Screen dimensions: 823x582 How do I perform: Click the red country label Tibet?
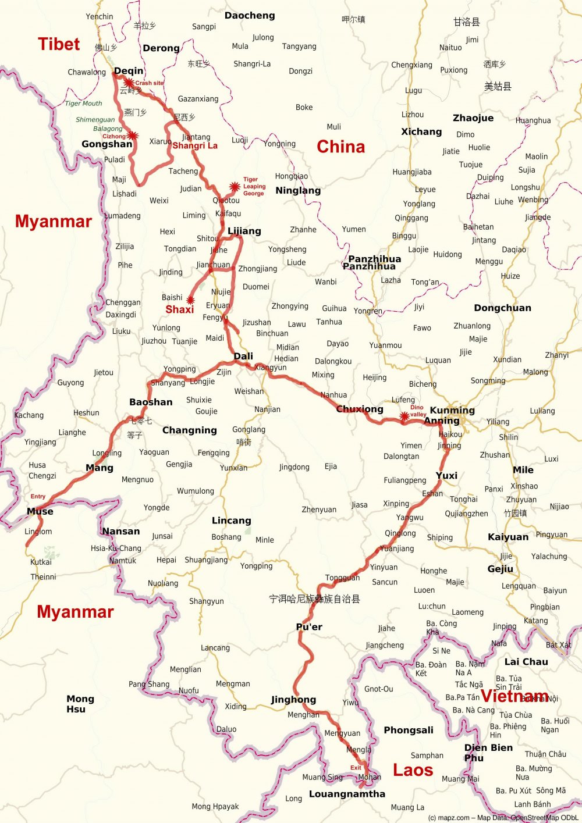pos(59,44)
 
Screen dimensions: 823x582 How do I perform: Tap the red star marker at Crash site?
pos(129,83)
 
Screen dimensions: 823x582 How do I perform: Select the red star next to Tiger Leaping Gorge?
pos(234,187)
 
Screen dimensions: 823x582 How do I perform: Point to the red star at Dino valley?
pos(404,416)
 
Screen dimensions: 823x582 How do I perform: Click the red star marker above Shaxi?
pos(190,300)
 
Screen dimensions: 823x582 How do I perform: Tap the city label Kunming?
pos(452,410)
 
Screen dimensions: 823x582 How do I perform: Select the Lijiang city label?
pos(244,231)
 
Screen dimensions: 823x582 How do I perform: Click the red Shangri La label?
pos(194,145)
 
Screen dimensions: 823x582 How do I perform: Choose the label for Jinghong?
pos(293,700)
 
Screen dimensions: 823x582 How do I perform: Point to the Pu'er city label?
pos(309,626)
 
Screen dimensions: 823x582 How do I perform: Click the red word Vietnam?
pos(514,696)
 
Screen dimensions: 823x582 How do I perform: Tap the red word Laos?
pos(413,770)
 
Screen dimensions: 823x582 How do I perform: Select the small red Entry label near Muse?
pos(38,496)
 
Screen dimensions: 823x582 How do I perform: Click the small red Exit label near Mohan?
pos(356,768)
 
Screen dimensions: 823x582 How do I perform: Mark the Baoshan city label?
pos(151,402)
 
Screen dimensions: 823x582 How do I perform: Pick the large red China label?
pos(340,147)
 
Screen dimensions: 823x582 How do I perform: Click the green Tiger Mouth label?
pos(83,104)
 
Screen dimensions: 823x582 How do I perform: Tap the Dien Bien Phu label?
pos(488,753)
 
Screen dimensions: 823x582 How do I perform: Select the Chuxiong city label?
pos(360,409)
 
